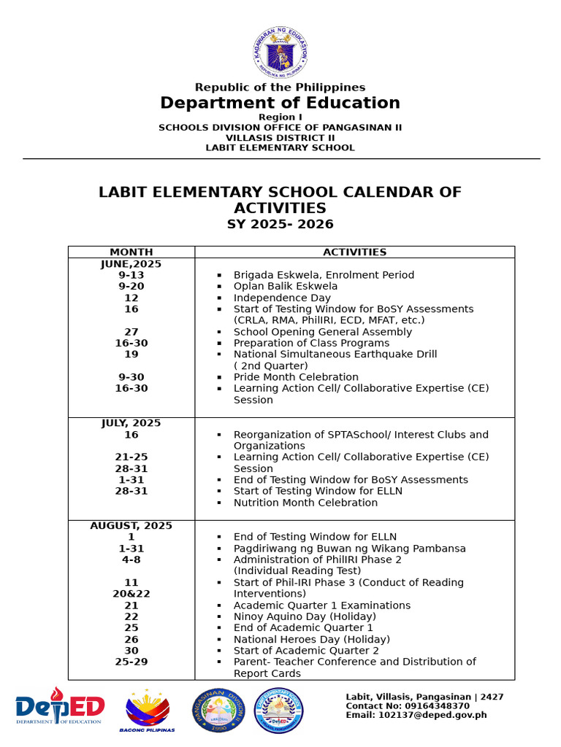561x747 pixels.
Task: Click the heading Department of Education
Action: (280, 103)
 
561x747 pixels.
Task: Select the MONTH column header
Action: (131, 252)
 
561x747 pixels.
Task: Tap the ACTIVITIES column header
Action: (354, 252)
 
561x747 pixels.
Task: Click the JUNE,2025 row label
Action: (131, 264)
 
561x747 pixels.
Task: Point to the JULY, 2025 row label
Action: (131, 423)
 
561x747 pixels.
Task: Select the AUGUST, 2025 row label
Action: (131, 526)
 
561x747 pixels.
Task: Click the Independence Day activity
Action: (282, 298)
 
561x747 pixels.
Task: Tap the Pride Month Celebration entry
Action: (296, 377)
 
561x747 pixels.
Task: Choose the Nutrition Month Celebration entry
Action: (305, 503)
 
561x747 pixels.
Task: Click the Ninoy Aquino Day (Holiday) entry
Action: (305, 616)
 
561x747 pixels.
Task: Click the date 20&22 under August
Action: (131, 594)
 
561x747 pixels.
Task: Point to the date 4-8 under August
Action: (131, 560)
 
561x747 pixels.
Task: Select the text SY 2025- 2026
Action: (280, 225)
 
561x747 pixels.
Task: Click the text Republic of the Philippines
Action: (280, 88)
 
